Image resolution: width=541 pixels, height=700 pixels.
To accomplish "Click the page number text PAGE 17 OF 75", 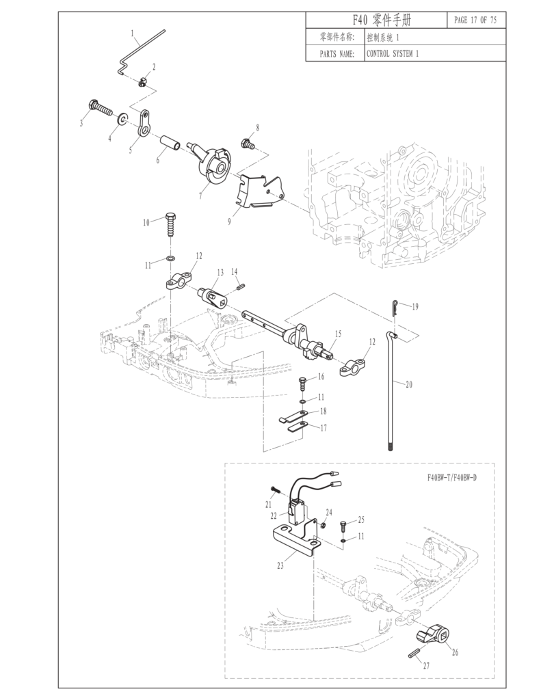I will point(475,21).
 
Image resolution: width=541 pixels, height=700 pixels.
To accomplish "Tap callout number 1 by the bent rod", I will point(132,33).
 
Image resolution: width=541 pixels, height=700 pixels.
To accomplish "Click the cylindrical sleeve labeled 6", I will point(170,144).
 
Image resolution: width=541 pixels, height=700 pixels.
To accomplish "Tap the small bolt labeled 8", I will point(247,144).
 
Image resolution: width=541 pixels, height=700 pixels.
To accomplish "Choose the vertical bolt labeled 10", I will point(171,226).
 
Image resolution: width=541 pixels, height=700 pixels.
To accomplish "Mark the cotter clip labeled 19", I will point(396,309).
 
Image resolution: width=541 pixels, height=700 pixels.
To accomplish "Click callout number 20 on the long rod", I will point(408,385).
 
